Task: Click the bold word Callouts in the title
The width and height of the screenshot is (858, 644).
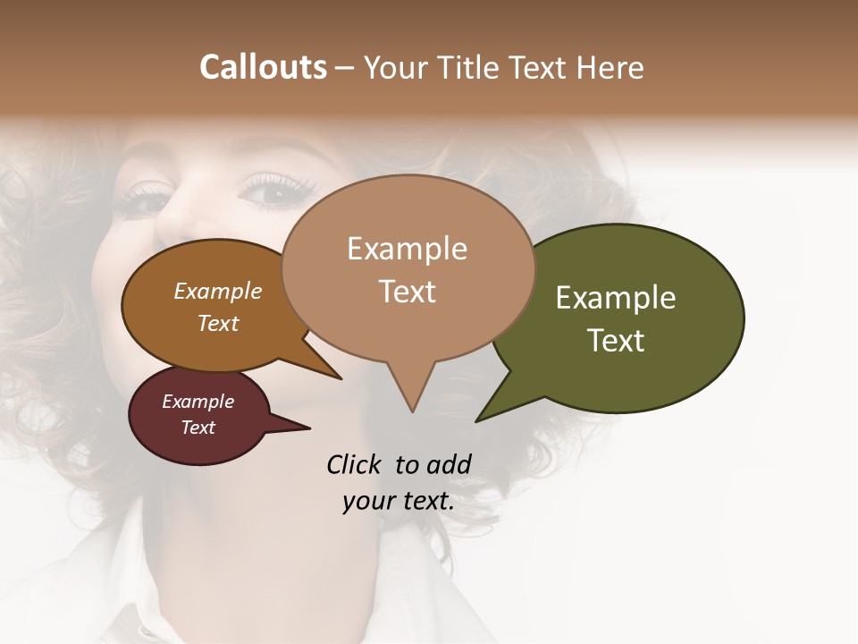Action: [263, 67]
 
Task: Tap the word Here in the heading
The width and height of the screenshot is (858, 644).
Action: [611, 67]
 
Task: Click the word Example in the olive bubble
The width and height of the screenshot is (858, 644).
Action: [615, 298]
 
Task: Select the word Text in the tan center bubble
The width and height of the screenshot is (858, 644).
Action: [408, 292]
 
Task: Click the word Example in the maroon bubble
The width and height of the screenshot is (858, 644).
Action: [198, 402]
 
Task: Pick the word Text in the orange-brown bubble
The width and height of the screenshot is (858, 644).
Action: [218, 324]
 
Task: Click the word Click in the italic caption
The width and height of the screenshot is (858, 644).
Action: [355, 464]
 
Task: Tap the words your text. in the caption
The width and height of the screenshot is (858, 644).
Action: [399, 501]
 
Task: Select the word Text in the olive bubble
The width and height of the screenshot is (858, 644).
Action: [616, 341]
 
